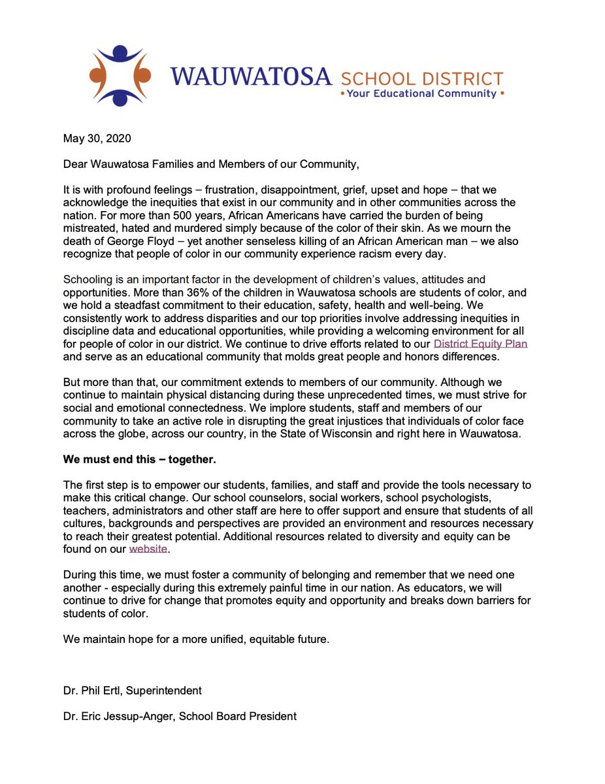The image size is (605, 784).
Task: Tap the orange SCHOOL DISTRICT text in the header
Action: coord(421,79)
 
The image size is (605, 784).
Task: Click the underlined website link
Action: coord(148,549)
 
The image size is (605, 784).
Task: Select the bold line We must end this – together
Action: coord(139,459)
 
